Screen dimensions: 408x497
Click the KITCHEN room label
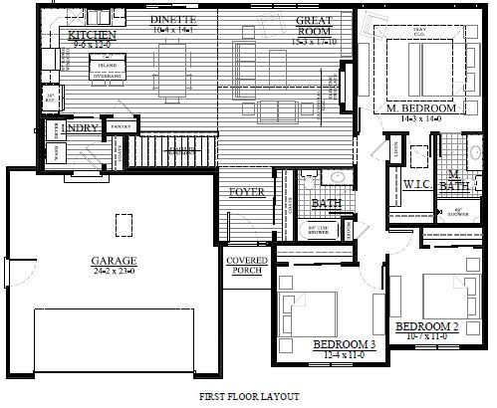click(x=93, y=36)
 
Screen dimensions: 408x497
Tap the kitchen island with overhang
click(x=108, y=66)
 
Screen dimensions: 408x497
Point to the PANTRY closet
click(x=123, y=126)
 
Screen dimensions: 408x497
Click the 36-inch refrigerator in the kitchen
click(x=51, y=96)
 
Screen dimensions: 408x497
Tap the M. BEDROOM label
click(x=421, y=106)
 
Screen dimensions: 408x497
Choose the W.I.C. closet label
click(x=415, y=183)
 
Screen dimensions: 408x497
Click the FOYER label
click(x=244, y=191)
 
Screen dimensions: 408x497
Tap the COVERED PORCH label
click(x=246, y=266)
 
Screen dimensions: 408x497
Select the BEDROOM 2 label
click(x=426, y=326)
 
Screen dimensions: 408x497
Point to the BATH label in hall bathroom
click(x=326, y=203)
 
